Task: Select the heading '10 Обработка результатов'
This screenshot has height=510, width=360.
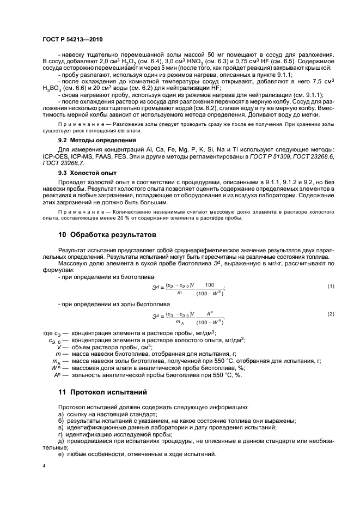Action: (107, 235)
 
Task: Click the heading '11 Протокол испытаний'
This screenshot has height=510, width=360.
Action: (103, 392)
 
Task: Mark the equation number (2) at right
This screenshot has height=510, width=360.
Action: (330, 314)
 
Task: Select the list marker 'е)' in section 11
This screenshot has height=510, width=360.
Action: (61, 454)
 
